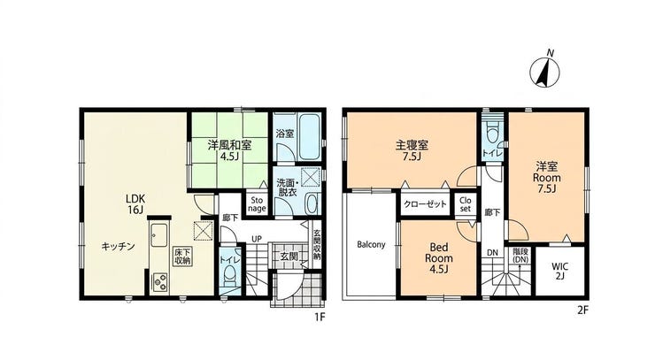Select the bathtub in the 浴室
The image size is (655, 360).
coord(310,136)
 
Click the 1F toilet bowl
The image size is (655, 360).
coord(229,276)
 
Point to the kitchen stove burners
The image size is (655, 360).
coord(161,281)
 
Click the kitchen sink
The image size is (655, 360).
coord(158,235)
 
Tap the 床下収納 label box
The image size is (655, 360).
coord(182,257)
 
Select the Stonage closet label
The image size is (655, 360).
coord(257,204)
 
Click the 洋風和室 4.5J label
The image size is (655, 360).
coord(229,151)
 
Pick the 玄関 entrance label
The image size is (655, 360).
coord(289,256)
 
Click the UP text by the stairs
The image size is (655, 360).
coord(257,239)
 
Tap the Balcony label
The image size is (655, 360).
coord(371,244)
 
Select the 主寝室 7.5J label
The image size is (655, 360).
coord(412,150)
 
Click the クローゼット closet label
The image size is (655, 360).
coord(425,204)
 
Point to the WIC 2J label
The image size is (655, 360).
coord(559,271)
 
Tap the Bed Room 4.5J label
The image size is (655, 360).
coord(439,257)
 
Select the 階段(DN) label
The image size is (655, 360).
coord(520,255)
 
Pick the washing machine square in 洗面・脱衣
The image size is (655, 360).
coord(311,177)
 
